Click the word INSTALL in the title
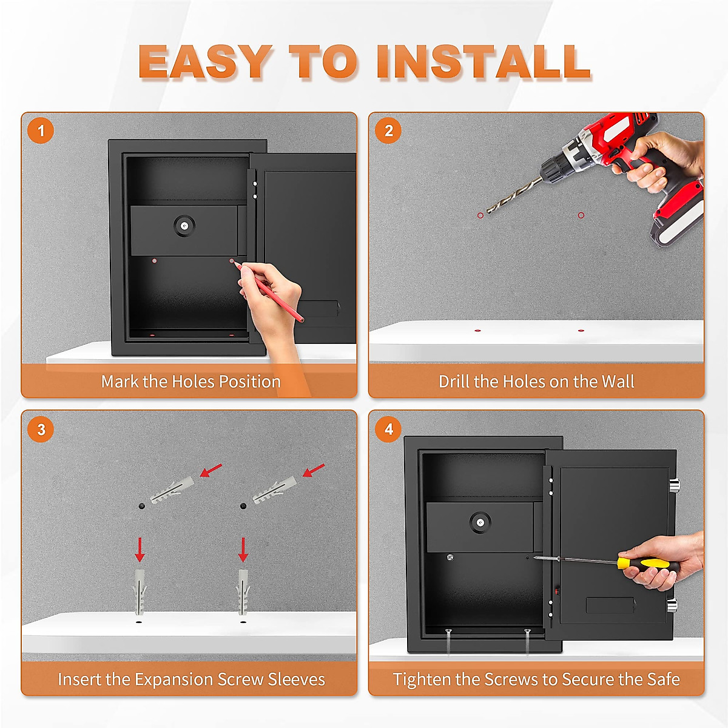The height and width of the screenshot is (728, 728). (484, 62)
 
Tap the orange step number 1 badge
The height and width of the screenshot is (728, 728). (41, 130)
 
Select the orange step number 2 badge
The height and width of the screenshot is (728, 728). (388, 130)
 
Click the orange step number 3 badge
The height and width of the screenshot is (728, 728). (41, 429)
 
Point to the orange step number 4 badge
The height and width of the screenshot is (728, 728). (388, 429)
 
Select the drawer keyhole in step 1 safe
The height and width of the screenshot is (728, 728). (184, 226)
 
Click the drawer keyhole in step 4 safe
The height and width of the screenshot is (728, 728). (480, 523)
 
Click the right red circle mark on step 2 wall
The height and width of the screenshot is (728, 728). (581, 215)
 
